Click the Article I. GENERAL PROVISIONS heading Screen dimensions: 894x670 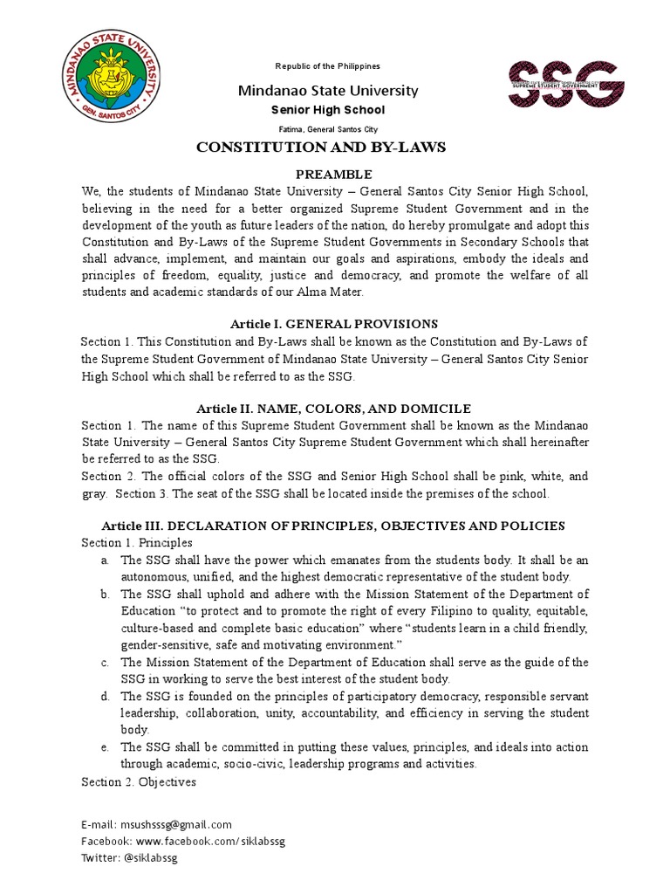pos(333,324)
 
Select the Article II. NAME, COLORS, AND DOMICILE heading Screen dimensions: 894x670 pos(333,409)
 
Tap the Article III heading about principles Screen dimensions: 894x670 pos(333,526)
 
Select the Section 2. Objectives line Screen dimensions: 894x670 pos(140,781)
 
